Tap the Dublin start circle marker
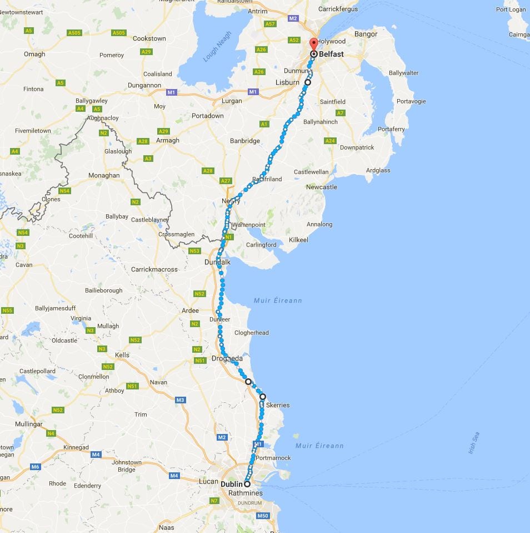coord(247,484)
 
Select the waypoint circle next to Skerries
coord(263,397)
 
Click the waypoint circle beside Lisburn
coord(307,82)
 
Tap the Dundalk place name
coord(218,262)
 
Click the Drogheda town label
coord(227,359)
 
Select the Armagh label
coord(167,141)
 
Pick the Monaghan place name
coord(104,175)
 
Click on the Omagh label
coord(34,54)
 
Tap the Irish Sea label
coord(473,443)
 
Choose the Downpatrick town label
coord(357,147)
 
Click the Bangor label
coord(366,34)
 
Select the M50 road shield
coord(263,516)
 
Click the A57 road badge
coord(270,24)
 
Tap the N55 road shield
coord(7,310)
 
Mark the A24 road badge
coord(331,141)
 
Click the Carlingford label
coord(261,245)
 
